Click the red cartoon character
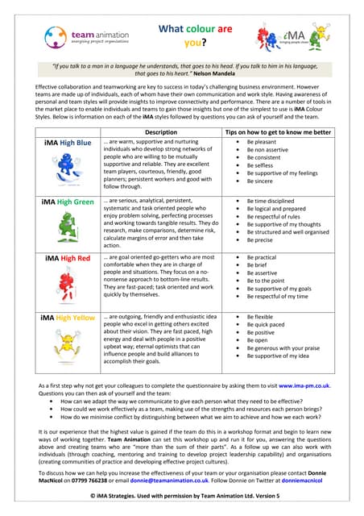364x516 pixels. [69, 287]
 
